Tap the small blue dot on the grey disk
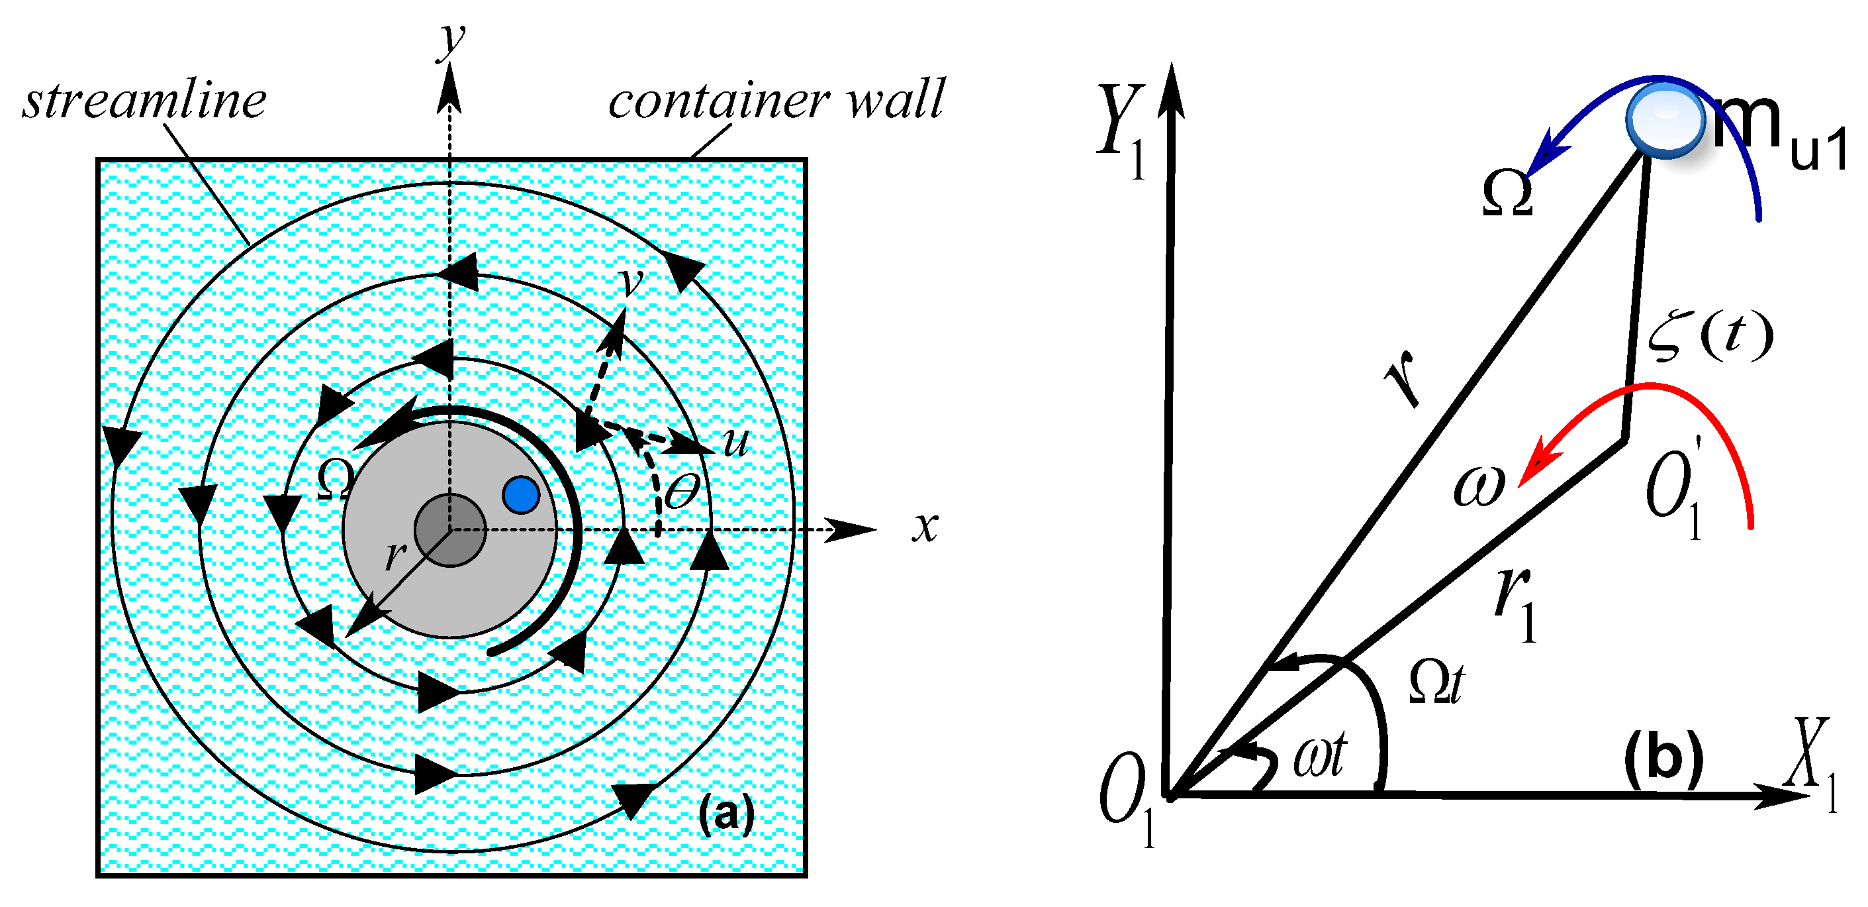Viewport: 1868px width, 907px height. pos(521,495)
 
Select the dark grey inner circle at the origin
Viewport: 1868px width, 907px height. pos(450,531)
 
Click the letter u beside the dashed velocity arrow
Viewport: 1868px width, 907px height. pos(735,441)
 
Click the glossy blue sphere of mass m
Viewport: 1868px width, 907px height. pos(1665,120)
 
